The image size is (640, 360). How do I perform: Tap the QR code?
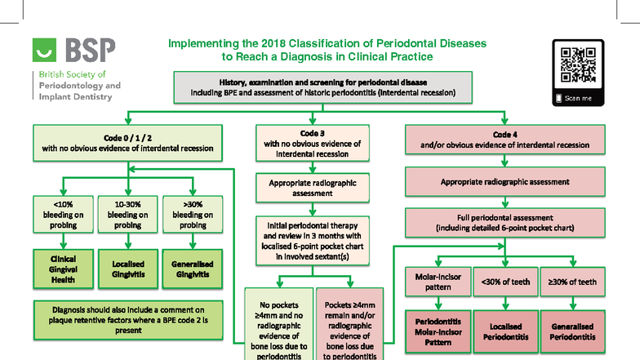point(578,64)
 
